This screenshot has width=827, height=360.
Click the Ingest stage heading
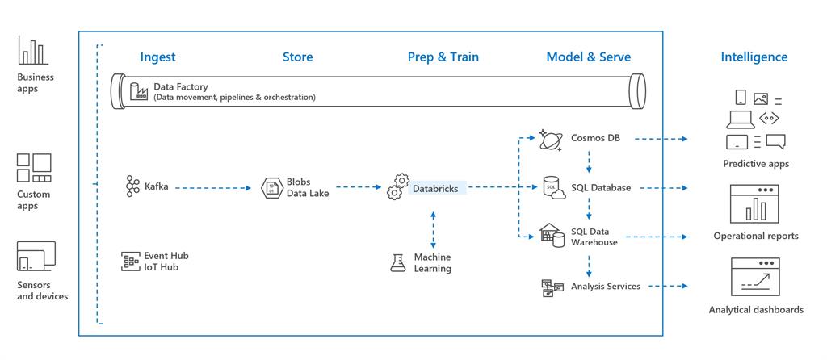[x=157, y=57]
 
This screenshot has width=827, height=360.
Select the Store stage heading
[x=297, y=57]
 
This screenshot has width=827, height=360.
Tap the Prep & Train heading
[x=443, y=57]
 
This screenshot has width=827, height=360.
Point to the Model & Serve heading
[x=588, y=57]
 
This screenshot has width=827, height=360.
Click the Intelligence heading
[x=754, y=57]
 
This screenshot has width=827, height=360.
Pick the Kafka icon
[x=132, y=186]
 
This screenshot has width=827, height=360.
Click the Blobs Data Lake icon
[x=271, y=187]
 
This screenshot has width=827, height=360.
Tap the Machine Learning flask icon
[x=397, y=262]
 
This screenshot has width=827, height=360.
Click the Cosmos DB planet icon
[x=552, y=140]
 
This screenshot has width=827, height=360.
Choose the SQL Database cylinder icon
[x=552, y=188]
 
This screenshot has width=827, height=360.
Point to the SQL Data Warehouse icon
[x=552, y=235]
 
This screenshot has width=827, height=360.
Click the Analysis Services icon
[x=552, y=287]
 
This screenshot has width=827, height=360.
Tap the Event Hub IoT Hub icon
[x=131, y=261]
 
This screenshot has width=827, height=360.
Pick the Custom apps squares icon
[x=34, y=168]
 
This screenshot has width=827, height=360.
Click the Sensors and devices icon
[x=36, y=257]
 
